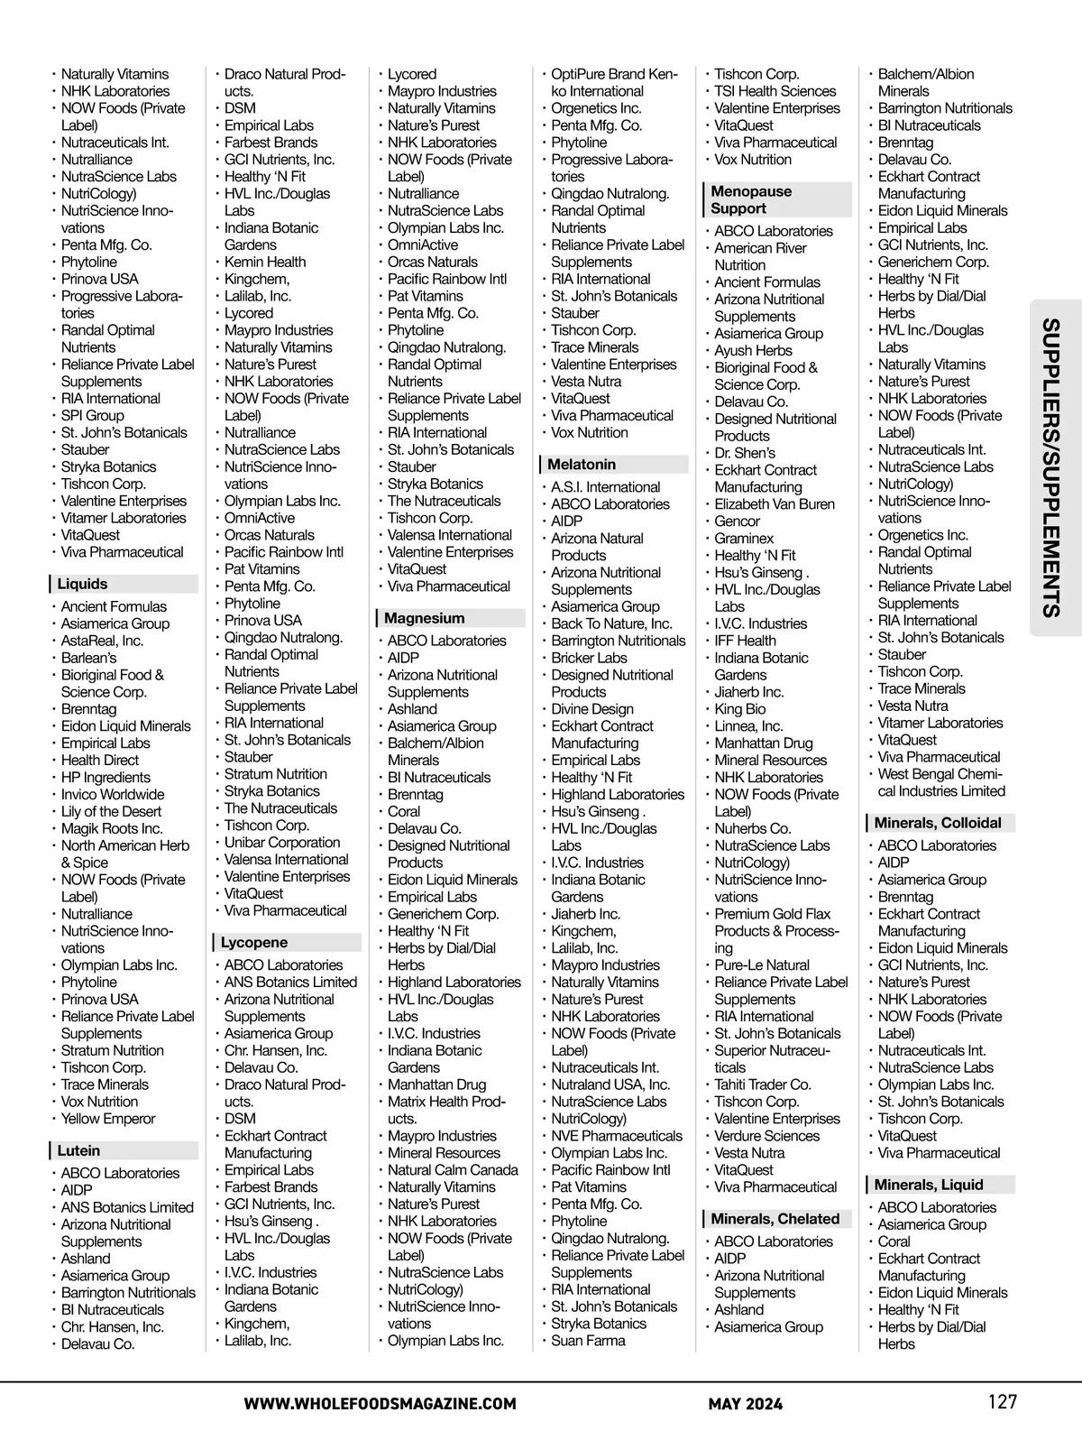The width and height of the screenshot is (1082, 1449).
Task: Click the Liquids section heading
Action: click(83, 584)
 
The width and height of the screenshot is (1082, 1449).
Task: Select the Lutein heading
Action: click(79, 1150)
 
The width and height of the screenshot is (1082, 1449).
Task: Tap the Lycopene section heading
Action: click(254, 942)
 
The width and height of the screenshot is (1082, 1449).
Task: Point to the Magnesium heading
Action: click(425, 618)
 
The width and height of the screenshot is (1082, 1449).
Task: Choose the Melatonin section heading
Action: click(582, 464)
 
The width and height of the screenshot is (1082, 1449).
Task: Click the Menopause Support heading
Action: click(751, 199)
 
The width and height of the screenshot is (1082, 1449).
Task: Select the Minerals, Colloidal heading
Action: click(938, 823)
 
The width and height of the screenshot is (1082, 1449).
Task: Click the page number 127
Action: click(1002, 1402)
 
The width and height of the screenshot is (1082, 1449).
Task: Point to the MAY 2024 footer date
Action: click(746, 1404)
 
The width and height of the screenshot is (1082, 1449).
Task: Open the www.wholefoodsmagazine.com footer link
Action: click(380, 1404)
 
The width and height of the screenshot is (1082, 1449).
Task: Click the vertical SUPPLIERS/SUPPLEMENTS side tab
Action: click(1050, 467)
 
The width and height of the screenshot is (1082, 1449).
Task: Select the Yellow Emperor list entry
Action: click(108, 1119)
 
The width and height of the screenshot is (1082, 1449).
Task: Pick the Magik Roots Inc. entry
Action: click(112, 828)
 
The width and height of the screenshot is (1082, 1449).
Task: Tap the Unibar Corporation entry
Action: click(282, 843)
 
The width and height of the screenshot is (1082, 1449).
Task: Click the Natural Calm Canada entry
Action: click(453, 1170)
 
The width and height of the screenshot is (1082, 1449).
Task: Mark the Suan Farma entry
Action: click(588, 1341)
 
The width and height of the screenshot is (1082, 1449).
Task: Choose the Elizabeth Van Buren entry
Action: click(775, 504)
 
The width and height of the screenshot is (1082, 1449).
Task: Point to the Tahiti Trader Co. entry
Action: click(763, 1084)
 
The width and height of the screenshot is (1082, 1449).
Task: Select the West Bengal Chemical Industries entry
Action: click(940, 783)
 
